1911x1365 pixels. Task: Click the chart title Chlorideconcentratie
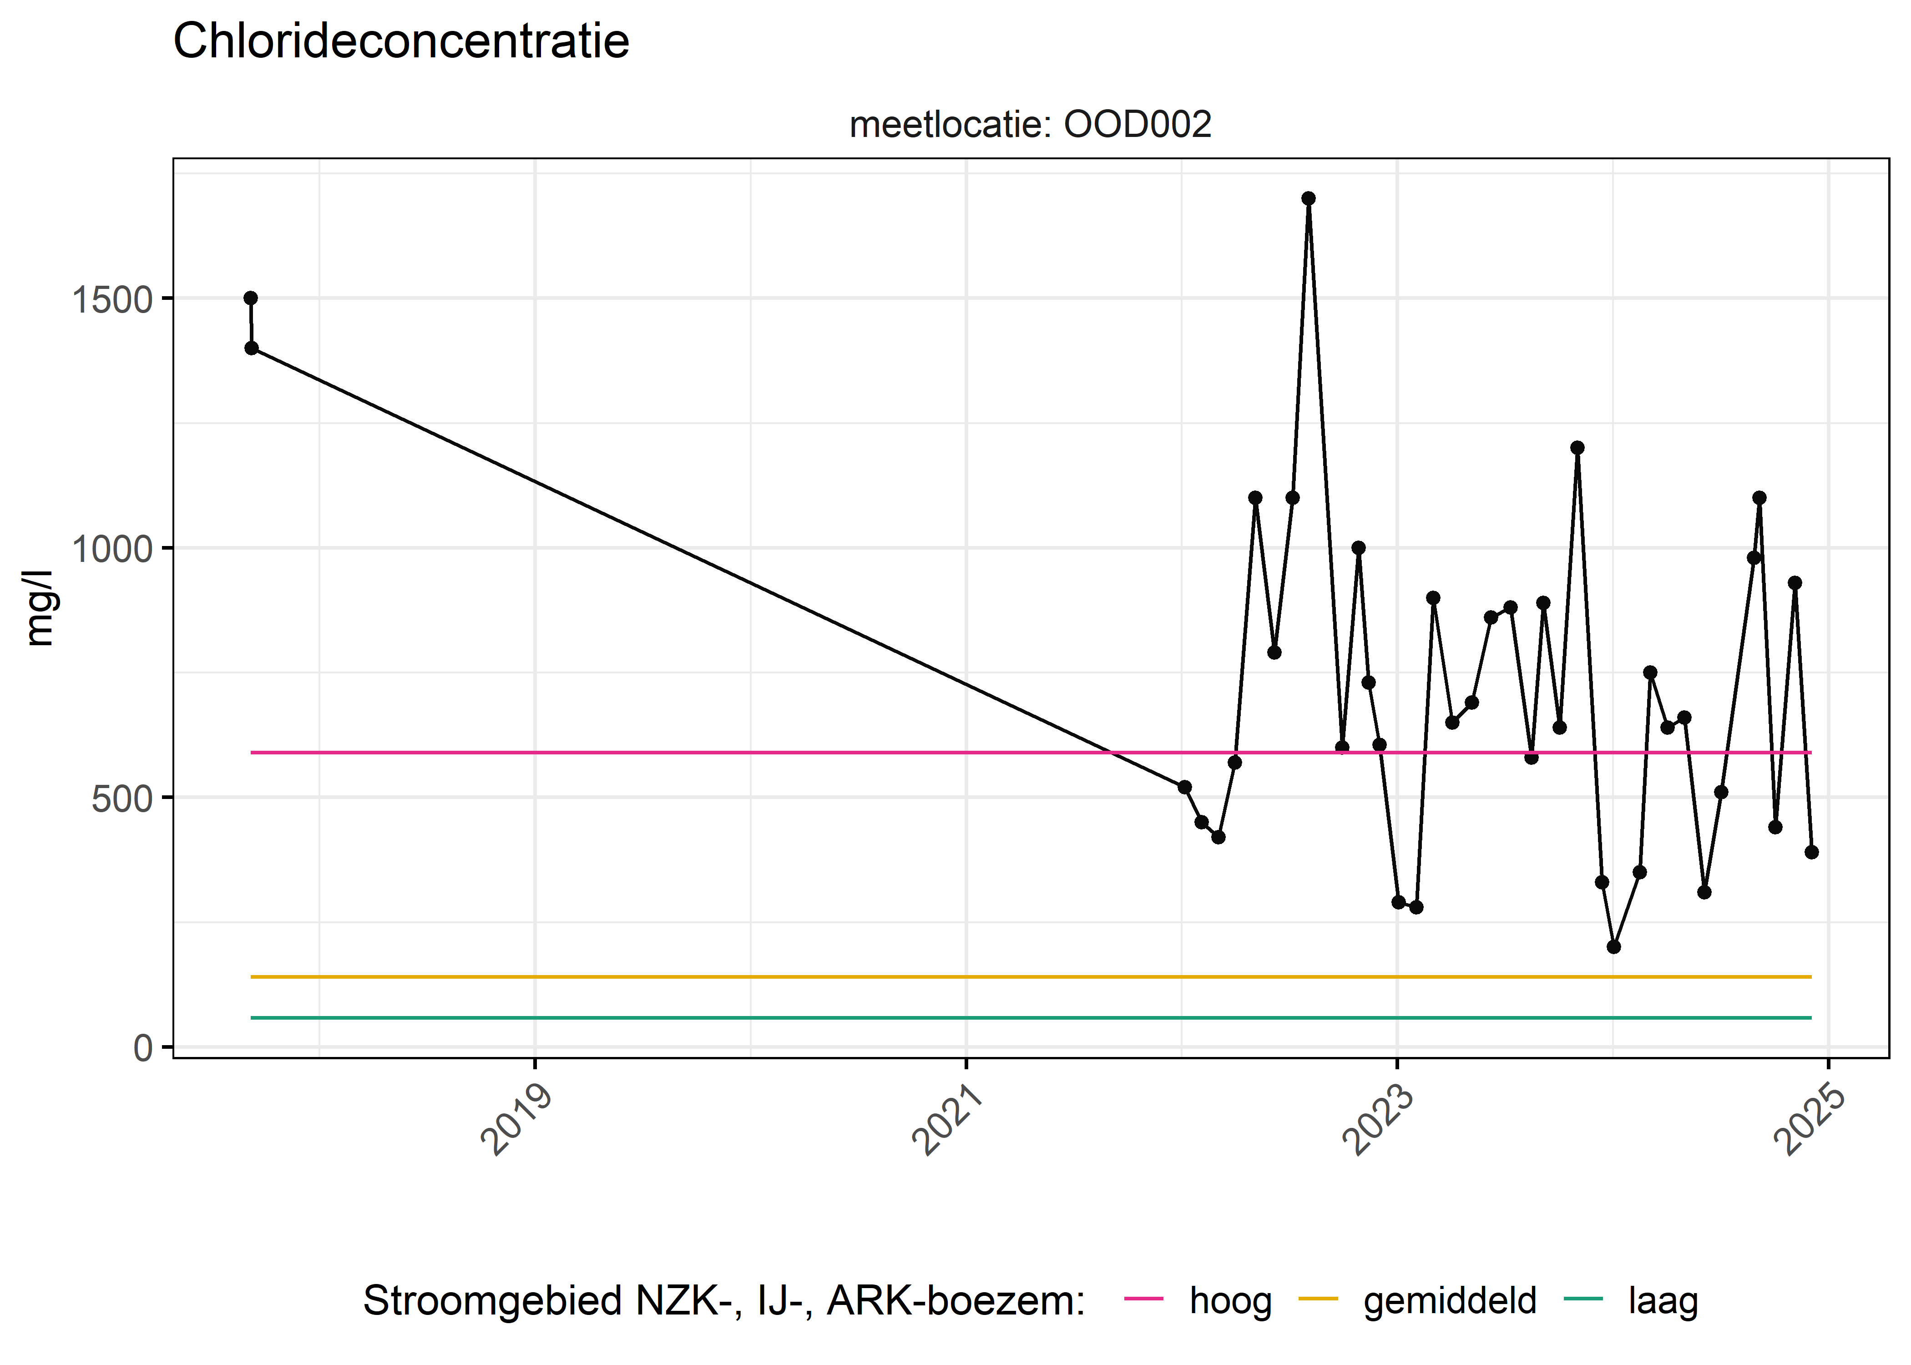[401, 41]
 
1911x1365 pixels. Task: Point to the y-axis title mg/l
[39, 608]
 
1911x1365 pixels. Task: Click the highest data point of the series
[1309, 198]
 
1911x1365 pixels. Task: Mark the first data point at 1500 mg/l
[250, 298]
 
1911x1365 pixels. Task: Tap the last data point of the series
[1811, 852]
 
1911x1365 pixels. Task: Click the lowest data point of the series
[1613, 946]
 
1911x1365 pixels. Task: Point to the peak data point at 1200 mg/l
[1577, 448]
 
